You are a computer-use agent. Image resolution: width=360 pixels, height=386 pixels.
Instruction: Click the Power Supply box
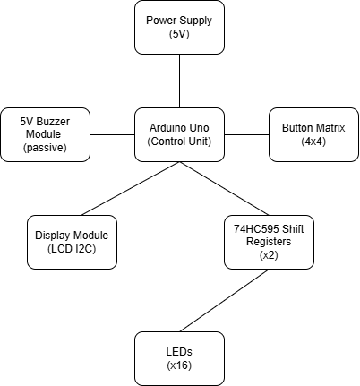(x=179, y=26)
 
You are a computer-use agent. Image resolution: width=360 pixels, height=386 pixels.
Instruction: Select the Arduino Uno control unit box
(x=179, y=134)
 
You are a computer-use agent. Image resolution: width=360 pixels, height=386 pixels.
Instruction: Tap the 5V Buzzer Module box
(x=45, y=134)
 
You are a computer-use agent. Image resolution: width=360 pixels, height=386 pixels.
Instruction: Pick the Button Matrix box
(x=313, y=134)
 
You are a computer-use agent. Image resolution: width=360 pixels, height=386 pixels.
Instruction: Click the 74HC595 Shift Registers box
(x=269, y=242)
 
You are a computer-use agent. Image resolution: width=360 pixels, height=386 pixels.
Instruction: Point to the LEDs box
(x=179, y=358)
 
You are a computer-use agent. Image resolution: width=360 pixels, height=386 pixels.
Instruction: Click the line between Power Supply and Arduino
(x=179, y=81)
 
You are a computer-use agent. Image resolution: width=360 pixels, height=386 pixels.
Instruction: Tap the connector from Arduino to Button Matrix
(x=246, y=134)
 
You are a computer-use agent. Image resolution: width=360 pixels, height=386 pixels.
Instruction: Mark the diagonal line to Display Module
(x=130, y=189)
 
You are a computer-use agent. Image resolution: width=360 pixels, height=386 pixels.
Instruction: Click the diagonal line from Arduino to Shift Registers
(x=224, y=189)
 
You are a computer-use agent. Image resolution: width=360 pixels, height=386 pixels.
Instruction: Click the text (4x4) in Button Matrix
(x=313, y=142)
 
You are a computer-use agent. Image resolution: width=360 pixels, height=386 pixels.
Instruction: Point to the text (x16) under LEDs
(x=179, y=365)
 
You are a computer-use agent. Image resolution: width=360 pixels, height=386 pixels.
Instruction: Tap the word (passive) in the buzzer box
(x=45, y=147)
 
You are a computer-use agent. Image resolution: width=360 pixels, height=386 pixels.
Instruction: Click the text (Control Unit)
(x=179, y=142)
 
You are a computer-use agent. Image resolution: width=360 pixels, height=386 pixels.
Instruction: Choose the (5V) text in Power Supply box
(x=179, y=33)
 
